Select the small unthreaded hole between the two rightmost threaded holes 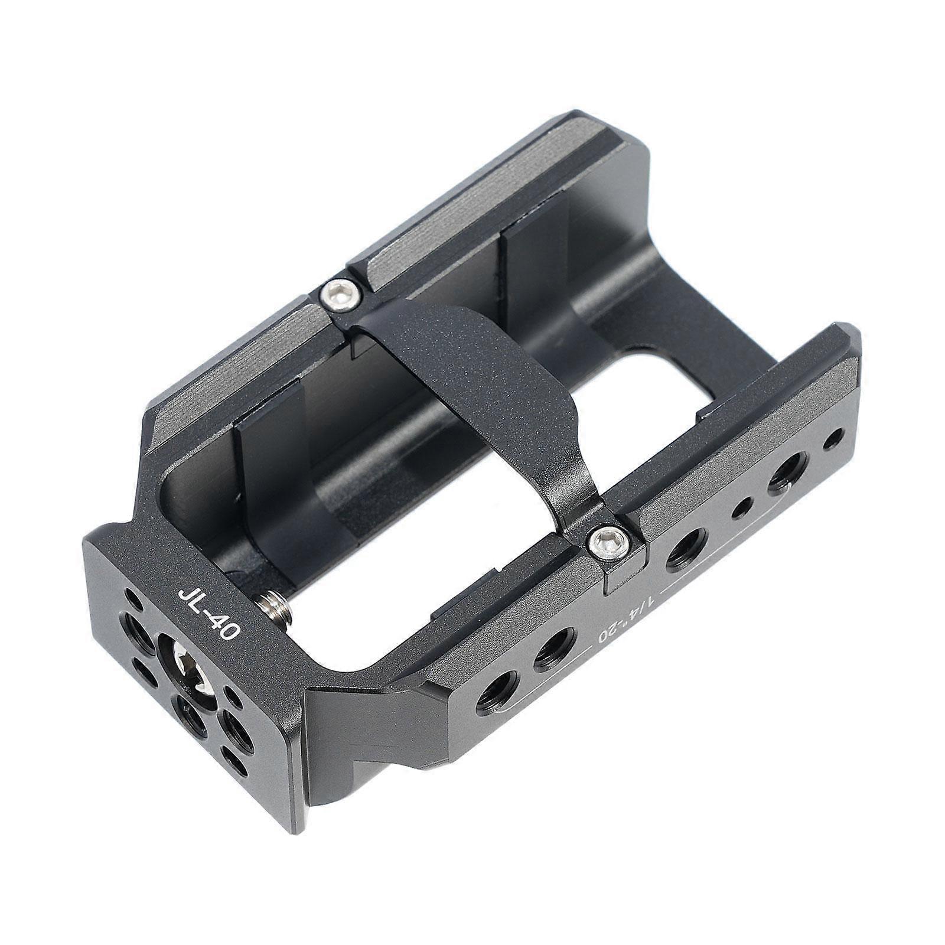pos(741,507)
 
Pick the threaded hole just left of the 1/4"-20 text pos(555,650)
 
